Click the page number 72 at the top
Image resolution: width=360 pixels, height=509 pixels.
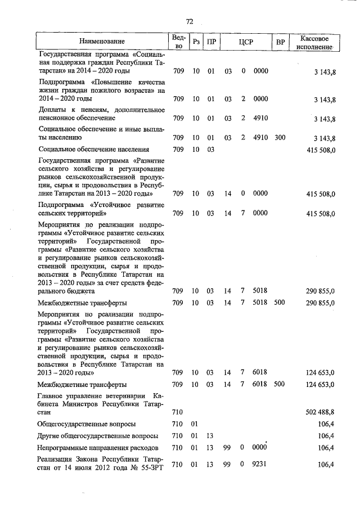click(189, 21)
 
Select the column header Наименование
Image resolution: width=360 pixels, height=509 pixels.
click(102, 41)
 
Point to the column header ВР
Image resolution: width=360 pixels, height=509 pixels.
click(280, 42)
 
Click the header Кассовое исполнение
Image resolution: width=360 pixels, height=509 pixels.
click(318, 41)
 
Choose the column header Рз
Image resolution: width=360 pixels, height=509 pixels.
click(196, 42)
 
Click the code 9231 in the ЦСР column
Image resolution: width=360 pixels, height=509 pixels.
click(260, 464)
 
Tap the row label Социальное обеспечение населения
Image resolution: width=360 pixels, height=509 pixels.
click(94, 150)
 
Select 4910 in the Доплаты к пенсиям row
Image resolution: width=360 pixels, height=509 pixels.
click(260, 119)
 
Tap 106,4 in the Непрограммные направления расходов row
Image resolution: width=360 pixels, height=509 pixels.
click(326, 448)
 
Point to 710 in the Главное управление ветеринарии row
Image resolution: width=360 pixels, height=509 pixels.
click(177, 412)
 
